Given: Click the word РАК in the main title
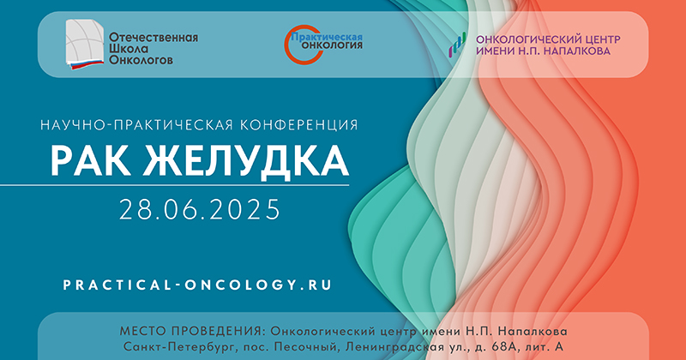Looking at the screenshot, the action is (90, 160).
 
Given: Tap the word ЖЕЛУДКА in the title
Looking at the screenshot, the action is (246, 162).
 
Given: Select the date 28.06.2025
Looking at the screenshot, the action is (200, 209).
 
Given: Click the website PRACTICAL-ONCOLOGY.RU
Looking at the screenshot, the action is (197, 285).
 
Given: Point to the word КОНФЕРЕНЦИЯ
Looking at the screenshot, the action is (298, 125).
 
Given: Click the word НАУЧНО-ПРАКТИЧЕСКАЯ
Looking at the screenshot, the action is (136, 125).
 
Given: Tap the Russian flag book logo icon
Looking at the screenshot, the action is (85, 45).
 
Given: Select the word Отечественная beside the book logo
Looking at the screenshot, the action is (153, 38).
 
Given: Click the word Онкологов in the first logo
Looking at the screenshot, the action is (141, 60).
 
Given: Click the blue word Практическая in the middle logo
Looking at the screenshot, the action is (327, 37).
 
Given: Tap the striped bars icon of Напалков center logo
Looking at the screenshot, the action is (457, 45).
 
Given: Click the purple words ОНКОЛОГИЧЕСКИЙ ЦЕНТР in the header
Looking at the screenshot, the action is (548, 39).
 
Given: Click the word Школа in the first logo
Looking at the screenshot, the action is (129, 49).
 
